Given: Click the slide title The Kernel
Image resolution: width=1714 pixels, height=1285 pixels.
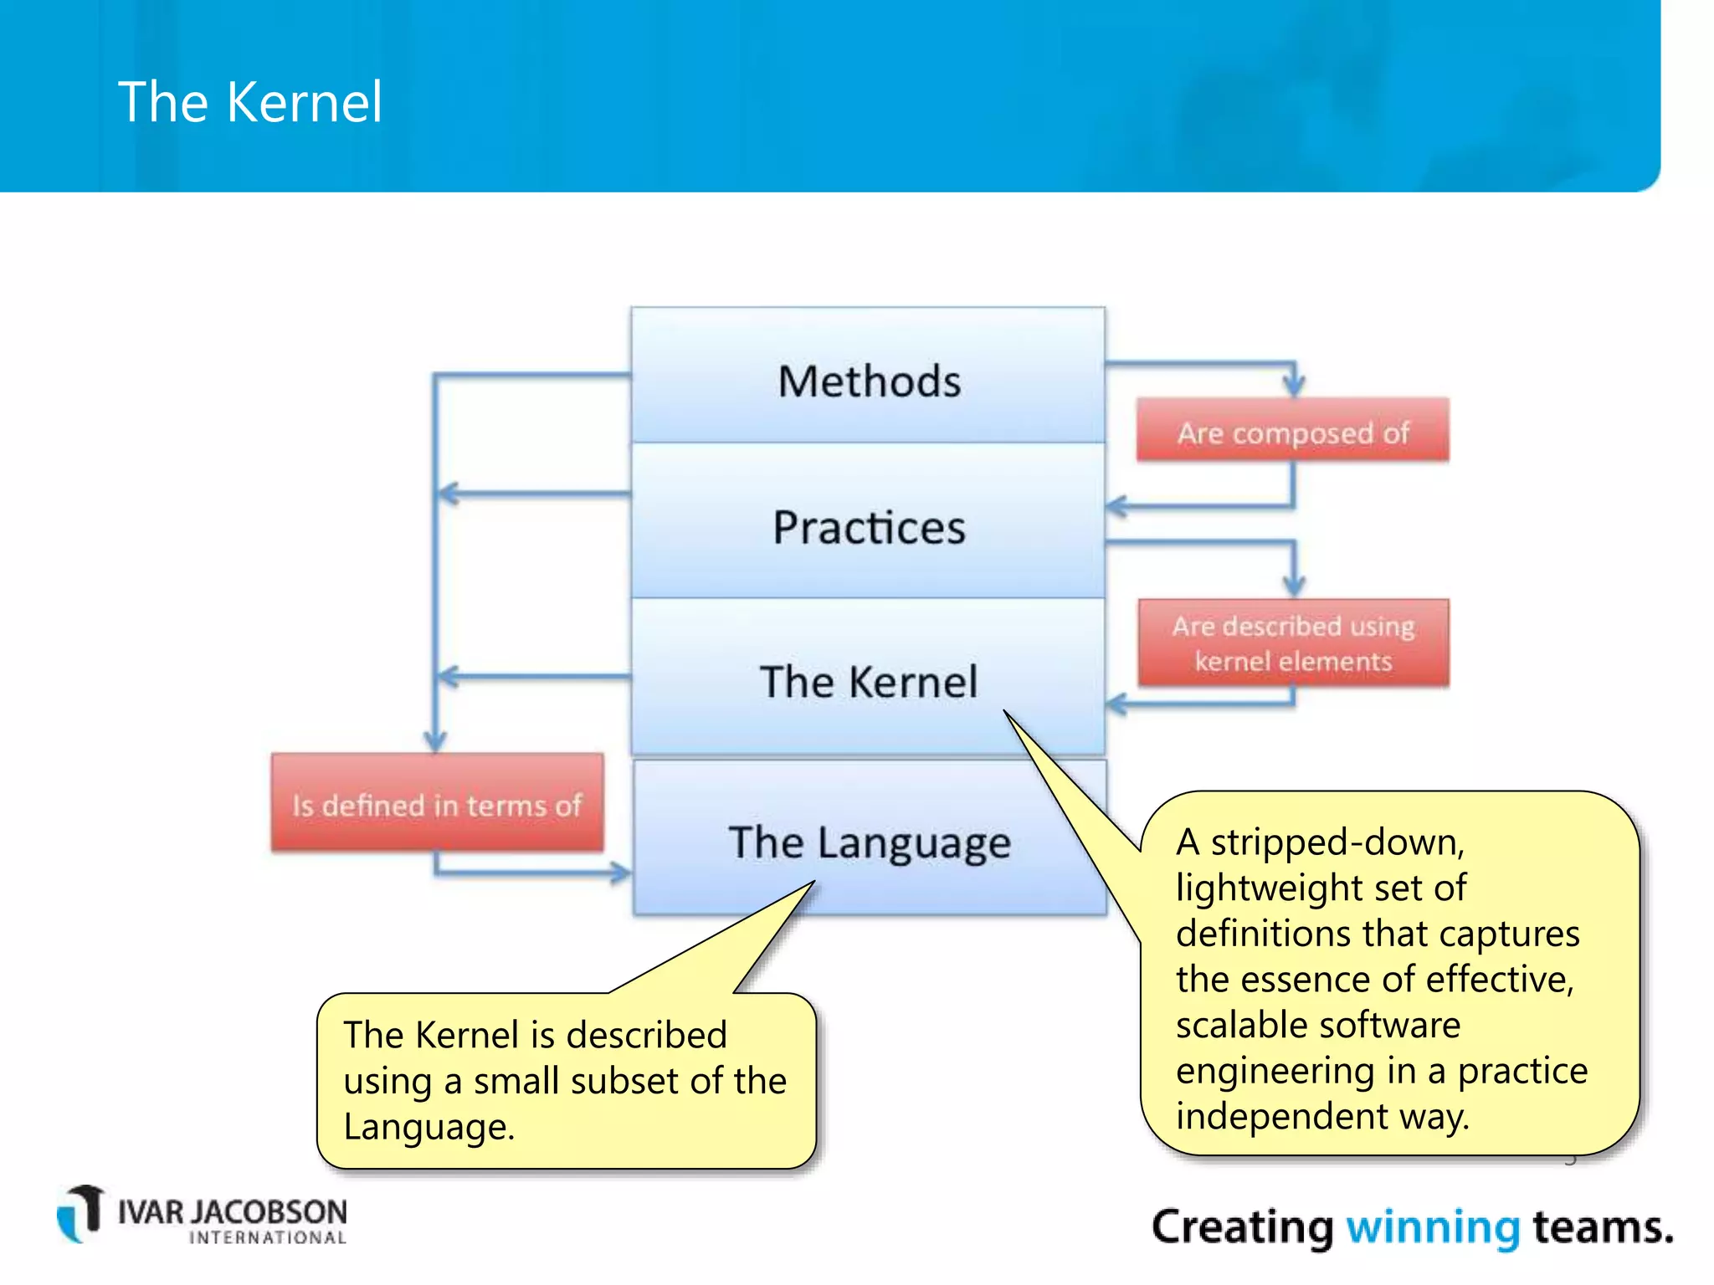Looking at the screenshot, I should pos(249,102).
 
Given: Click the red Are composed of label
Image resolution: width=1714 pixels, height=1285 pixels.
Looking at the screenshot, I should pos(1292,432).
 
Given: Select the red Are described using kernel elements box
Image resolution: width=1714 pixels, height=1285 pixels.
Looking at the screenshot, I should pos(1292,643).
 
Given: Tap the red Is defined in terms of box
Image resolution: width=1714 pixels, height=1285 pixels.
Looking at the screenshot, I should pos(436,804).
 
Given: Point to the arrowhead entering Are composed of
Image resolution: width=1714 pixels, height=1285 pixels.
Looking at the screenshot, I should pos(1294,387).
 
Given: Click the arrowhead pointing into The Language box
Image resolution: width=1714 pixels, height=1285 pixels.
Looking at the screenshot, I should pos(621,873).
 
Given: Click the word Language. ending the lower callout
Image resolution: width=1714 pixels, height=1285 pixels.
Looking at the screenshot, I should pos(428,1127).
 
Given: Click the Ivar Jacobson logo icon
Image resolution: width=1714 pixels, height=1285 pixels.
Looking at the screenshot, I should pos(80,1214).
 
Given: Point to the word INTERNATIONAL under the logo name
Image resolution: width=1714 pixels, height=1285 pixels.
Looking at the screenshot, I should pos(267,1238).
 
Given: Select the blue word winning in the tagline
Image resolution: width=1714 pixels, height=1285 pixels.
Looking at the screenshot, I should pos(1432,1227).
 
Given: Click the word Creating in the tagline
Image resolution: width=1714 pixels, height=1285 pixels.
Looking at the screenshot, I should pos(1242,1227).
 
